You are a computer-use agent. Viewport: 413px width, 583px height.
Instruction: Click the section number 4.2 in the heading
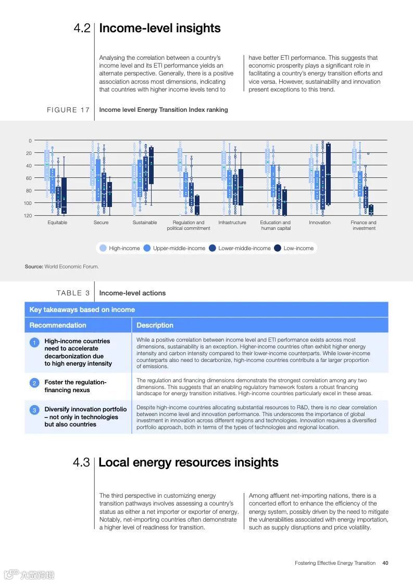[x=82, y=29]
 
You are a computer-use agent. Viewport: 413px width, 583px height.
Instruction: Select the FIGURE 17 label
[x=68, y=110]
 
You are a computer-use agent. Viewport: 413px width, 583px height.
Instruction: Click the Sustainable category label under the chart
[x=145, y=223]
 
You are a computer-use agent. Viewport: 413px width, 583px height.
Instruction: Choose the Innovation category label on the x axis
[x=319, y=223]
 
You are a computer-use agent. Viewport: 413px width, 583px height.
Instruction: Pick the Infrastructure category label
[x=232, y=223]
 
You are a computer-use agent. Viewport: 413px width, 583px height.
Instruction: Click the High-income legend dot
[x=103, y=248]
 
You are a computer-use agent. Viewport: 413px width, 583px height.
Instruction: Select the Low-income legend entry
[x=294, y=248]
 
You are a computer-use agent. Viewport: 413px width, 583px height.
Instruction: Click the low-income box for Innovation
[x=328, y=174]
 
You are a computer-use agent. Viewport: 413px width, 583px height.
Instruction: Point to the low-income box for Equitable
[x=64, y=196]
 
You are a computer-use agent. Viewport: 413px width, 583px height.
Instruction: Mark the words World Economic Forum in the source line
[x=71, y=267]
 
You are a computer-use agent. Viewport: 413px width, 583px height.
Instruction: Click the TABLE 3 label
[x=73, y=293]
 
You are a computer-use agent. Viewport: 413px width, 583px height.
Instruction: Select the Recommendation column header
[x=58, y=325]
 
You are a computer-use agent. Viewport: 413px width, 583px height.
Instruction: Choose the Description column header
[x=155, y=325]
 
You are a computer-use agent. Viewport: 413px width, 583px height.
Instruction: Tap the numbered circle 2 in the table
[x=34, y=383]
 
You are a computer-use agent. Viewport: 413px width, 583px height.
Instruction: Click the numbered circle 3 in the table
[x=34, y=410]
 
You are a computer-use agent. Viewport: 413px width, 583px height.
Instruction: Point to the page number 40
[x=385, y=563]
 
